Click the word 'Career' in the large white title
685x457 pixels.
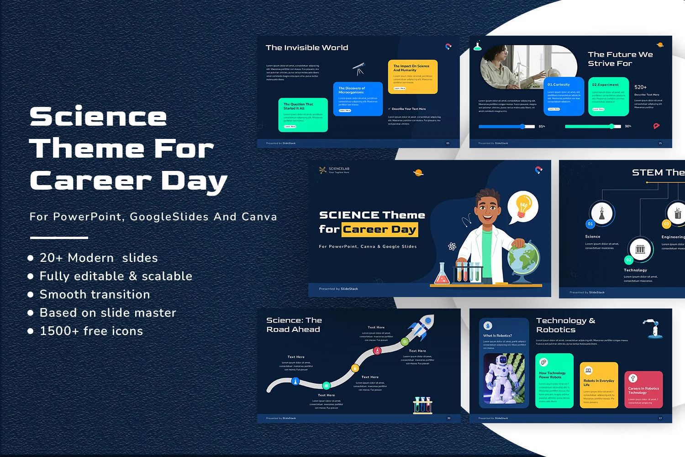tap(90, 181)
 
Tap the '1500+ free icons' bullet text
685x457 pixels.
tap(91, 331)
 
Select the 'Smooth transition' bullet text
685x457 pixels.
tap(95, 294)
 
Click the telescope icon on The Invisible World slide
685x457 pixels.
tap(358, 69)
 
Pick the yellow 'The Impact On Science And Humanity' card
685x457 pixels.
tap(413, 77)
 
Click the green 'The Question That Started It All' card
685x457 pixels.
tap(303, 115)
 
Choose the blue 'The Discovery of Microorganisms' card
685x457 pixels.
tap(358, 99)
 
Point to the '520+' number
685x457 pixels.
tap(640, 87)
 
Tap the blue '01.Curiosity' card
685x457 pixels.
tap(564, 96)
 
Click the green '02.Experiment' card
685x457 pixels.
tap(608, 96)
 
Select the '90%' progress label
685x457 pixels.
tap(628, 126)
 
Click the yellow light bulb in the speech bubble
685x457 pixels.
tap(523, 205)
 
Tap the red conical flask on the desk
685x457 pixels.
tap(441, 274)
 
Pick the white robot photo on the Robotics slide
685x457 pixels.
tap(504, 378)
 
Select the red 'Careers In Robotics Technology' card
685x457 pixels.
tap(643, 389)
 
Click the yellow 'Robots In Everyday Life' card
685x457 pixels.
tap(598, 385)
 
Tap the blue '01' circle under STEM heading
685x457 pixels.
tap(590, 224)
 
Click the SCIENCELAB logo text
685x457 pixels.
tap(339, 169)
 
